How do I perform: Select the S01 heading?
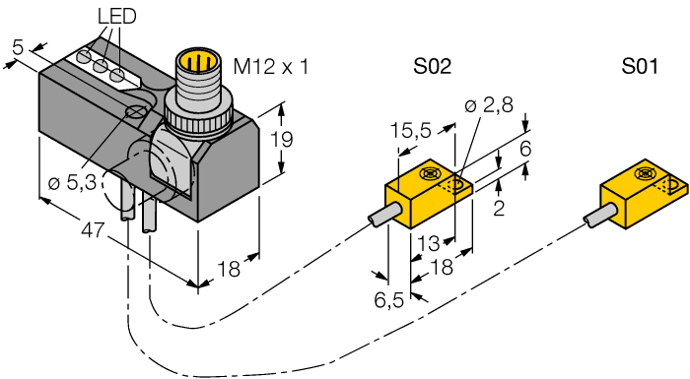click(641, 67)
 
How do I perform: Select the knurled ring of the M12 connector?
click(202, 116)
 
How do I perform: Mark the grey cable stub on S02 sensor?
click(382, 217)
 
